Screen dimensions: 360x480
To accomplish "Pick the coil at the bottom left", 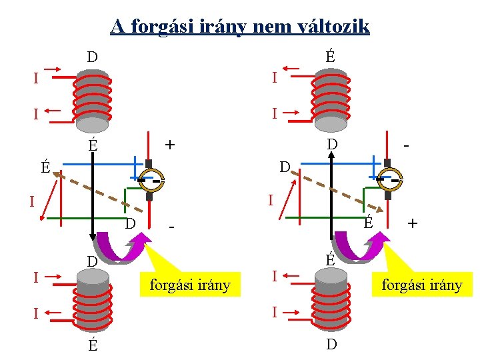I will [92, 303].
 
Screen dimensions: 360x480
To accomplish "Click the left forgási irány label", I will [189, 285].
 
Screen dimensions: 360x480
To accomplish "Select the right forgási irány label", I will [421, 285].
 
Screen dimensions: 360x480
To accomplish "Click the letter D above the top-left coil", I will [92, 57].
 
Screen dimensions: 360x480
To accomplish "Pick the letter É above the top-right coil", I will [329, 57].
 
